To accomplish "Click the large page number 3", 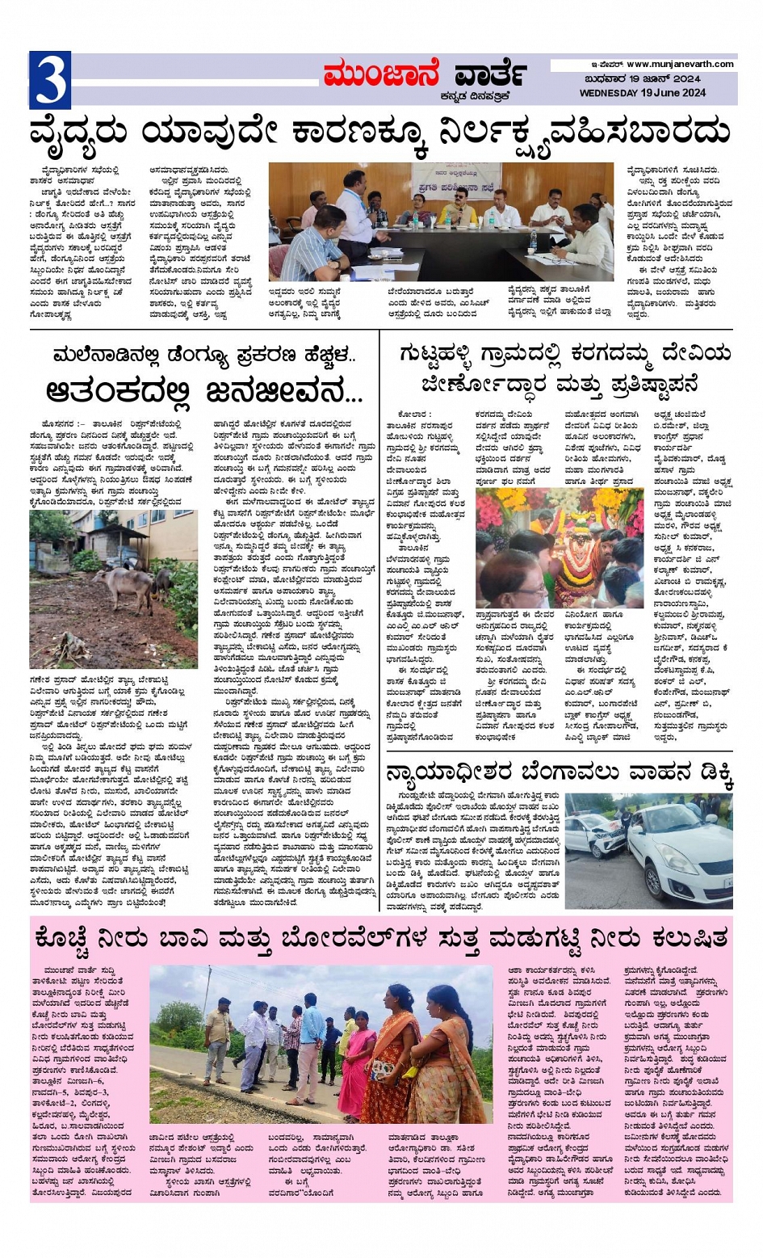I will (49, 79).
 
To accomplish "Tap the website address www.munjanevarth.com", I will (679, 64).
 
